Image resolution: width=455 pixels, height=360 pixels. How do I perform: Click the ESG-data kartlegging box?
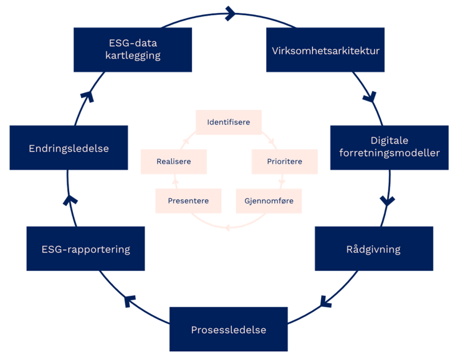(133, 49)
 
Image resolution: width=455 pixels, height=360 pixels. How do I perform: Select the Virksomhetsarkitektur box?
(325, 49)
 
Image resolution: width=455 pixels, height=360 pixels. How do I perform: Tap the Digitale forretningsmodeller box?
(388, 147)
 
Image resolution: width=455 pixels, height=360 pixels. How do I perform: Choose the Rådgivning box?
(373, 249)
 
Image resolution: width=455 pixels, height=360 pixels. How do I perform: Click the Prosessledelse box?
(228, 329)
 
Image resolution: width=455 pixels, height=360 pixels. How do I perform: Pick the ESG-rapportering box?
(85, 249)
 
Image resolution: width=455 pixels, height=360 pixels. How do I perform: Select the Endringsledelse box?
(69, 148)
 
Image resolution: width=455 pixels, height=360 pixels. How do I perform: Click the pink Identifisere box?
(228, 122)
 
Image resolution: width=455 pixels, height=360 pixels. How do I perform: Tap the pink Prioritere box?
(284, 161)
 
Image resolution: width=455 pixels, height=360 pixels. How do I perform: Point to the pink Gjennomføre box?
(269, 201)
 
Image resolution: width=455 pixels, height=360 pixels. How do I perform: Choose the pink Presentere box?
(188, 201)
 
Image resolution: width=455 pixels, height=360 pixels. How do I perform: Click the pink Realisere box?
(174, 161)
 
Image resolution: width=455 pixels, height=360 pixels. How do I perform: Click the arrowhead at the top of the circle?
(230, 12)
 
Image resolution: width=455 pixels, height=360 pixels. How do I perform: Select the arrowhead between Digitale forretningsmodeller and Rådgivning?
(387, 201)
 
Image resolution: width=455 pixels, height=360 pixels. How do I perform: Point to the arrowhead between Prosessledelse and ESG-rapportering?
(130, 301)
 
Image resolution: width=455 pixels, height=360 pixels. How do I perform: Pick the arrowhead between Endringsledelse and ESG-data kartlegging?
(87, 95)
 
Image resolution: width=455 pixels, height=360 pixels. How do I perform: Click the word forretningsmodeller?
(388, 153)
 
